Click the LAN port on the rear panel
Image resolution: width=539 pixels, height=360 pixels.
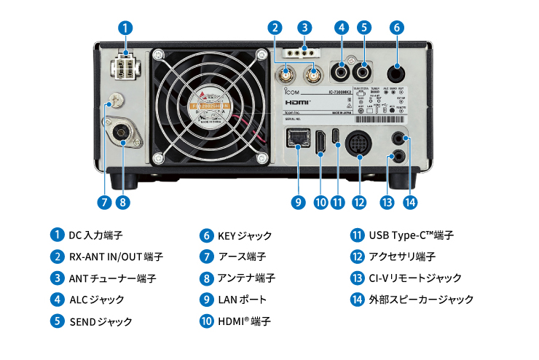point(299,138)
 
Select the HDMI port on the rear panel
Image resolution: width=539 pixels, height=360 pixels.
point(320,142)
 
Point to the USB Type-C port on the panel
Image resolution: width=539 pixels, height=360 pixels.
point(337,136)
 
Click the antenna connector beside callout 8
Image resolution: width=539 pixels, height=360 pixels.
point(122,133)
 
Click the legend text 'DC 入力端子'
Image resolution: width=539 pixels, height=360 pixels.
point(95,235)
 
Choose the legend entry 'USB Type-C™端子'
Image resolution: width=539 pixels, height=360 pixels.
point(412,235)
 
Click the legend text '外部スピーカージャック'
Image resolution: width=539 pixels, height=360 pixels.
point(422,300)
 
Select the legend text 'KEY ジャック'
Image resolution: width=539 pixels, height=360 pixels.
point(245,235)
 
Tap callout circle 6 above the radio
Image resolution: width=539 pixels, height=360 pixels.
point(396,28)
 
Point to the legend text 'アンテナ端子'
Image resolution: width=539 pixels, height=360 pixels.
point(246,278)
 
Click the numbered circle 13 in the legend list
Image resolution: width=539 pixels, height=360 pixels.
point(357,278)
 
